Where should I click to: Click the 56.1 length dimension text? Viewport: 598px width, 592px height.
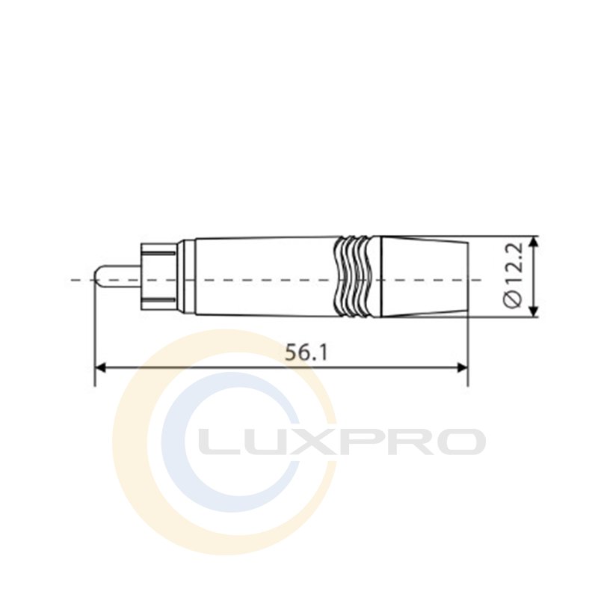coord(306,353)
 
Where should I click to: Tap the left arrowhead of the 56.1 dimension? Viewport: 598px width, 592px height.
coord(100,367)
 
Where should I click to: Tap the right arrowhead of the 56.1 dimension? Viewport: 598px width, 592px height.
coord(462,367)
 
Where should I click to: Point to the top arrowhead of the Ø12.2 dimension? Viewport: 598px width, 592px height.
coord(534,242)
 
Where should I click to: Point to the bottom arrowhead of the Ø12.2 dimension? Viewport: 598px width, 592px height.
coord(534,311)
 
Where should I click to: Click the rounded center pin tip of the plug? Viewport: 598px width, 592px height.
coord(99,278)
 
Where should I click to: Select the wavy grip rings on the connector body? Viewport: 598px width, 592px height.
coord(353,277)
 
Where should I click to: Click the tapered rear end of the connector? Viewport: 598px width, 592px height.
coord(425,277)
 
